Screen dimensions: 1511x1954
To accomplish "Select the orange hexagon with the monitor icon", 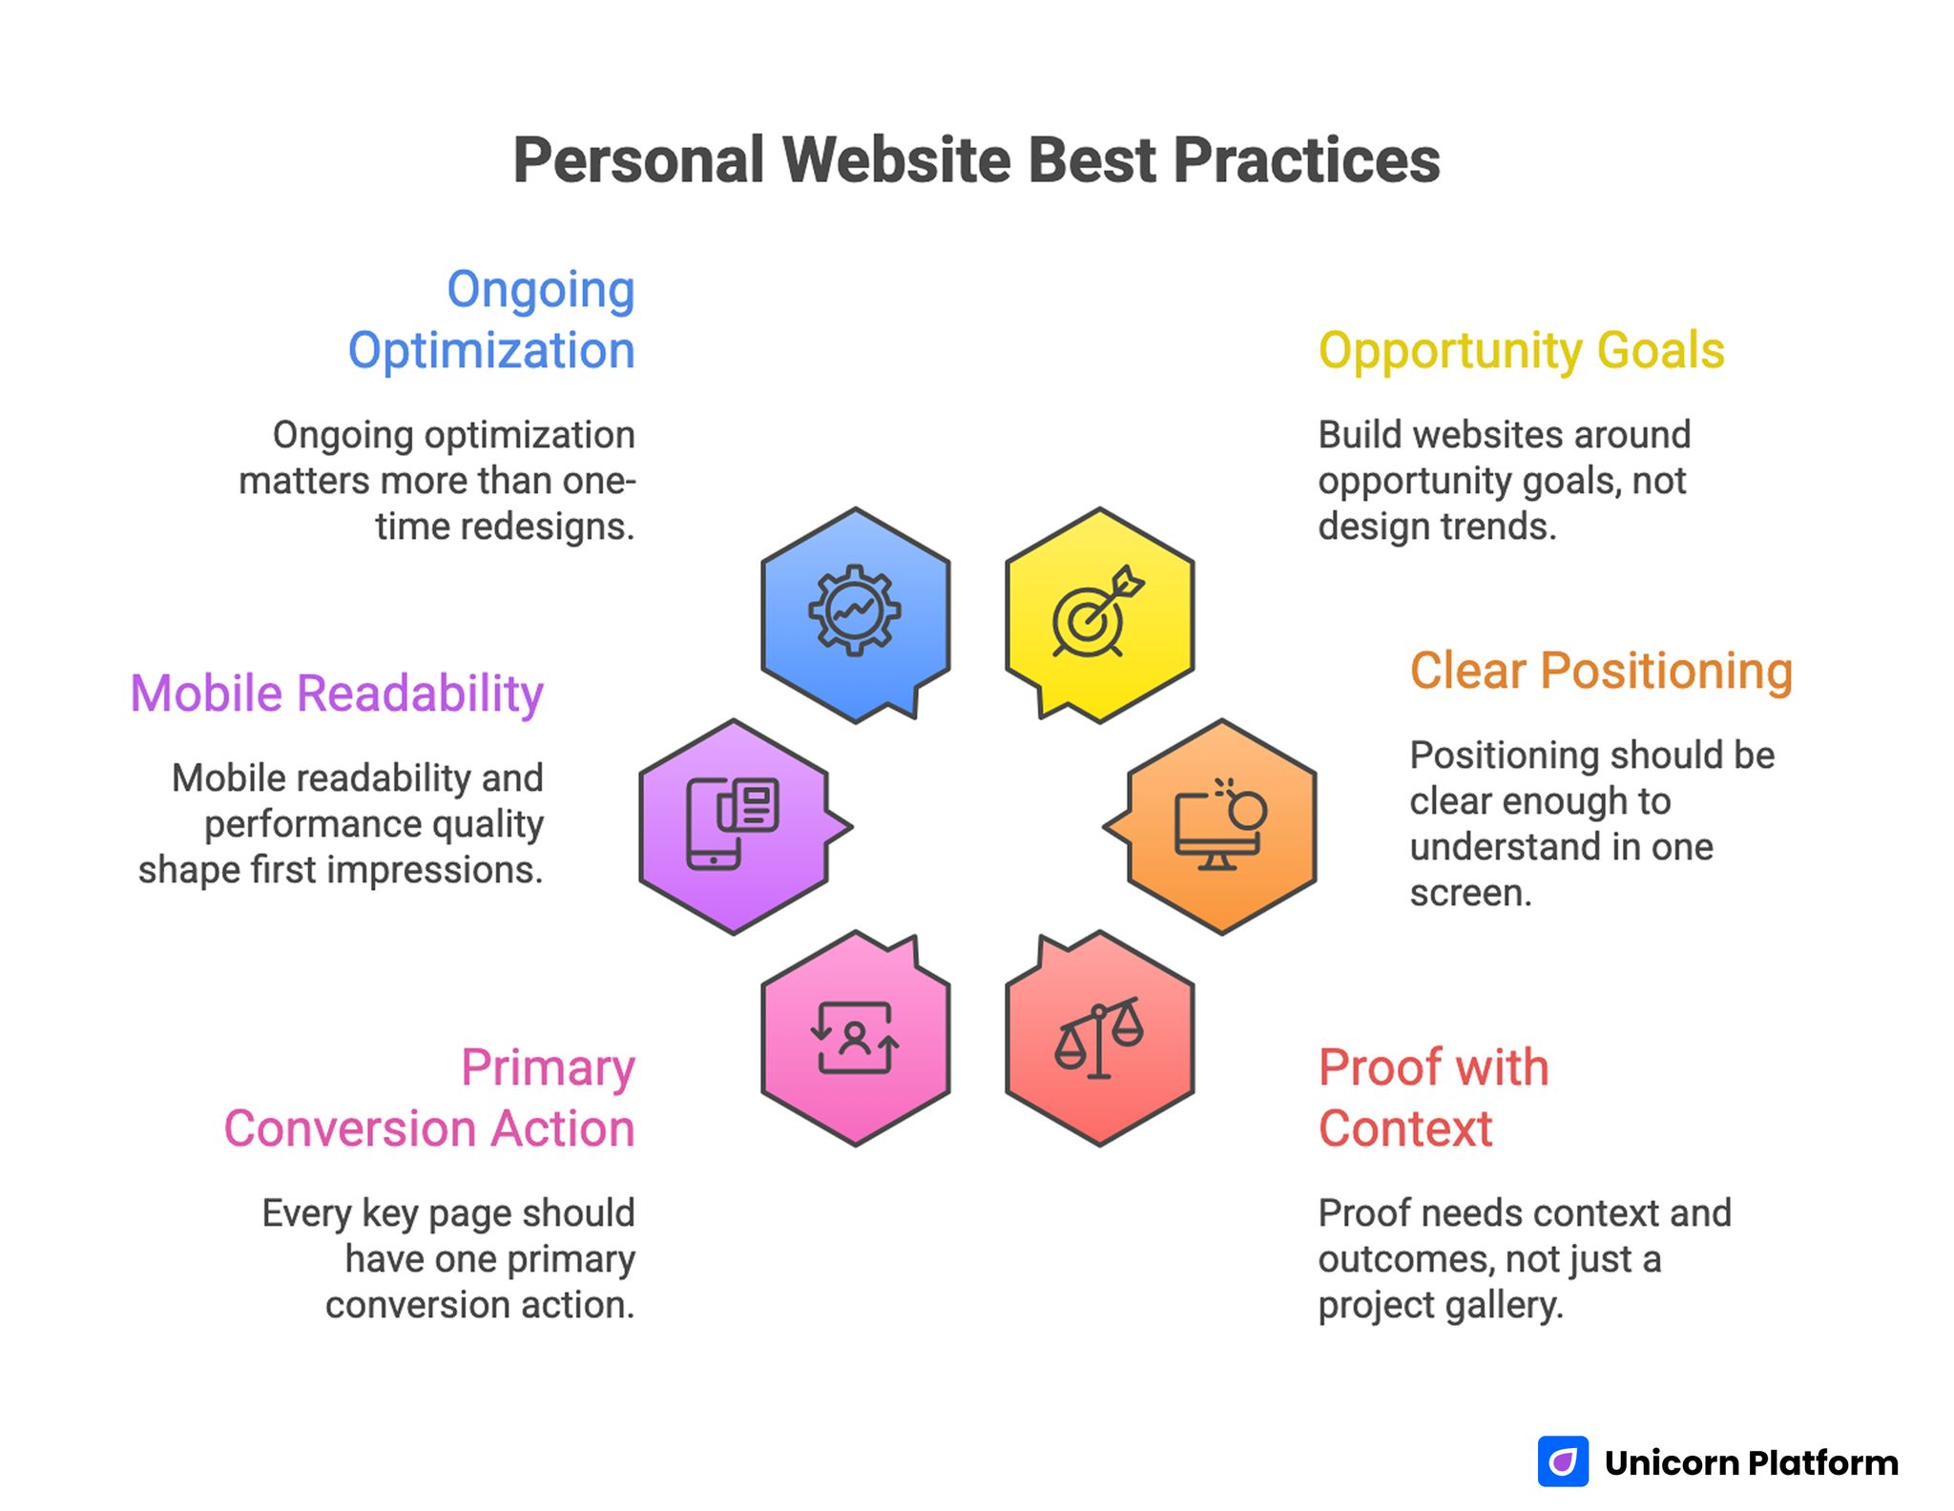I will [x=1221, y=826].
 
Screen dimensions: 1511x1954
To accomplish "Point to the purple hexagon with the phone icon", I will [x=733, y=826].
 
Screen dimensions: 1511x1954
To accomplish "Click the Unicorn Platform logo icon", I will [x=1562, y=1461].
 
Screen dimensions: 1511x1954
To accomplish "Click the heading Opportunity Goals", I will [x=1521, y=350].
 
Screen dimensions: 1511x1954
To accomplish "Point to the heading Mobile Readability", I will [x=337, y=693].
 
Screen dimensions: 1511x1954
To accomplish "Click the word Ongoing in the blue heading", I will [x=540, y=290].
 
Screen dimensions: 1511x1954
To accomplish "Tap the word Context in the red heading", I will [x=1404, y=1128].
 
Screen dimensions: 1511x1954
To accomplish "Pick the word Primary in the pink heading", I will [x=548, y=1067].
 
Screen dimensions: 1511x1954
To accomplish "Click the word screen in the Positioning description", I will [x=1470, y=893].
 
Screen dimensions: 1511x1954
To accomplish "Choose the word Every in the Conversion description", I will [x=307, y=1213].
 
